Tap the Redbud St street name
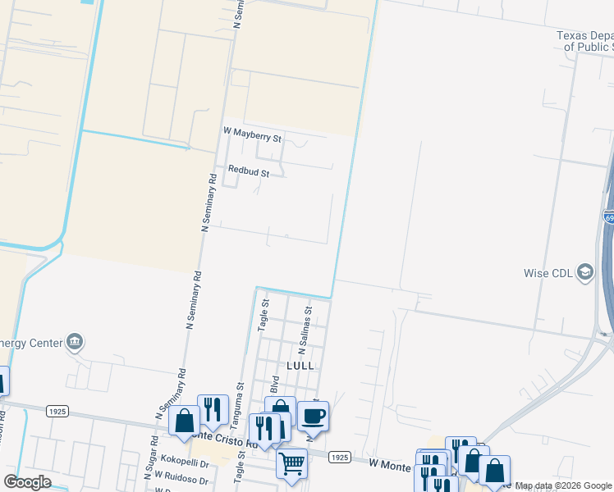click(x=249, y=172)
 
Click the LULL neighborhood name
click(x=300, y=365)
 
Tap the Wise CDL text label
click(x=548, y=273)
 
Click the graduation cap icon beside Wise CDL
click(x=585, y=271)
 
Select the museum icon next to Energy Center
click(x=75, y=340)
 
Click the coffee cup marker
click(x=314, y=416)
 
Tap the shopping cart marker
click(x=291, y=463)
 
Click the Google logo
click(x=26, y=482)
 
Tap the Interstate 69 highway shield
click(x=608, y=216)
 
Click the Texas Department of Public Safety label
click(x=584, y=41)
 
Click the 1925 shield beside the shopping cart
click(x=340, y=456)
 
